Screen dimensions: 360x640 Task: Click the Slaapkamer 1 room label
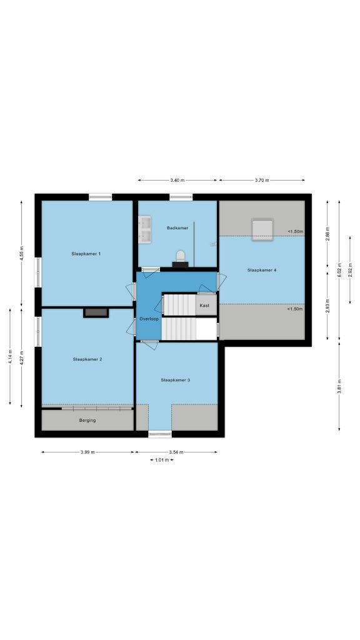tap(86, 254)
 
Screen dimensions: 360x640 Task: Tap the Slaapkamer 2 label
tap(87, 359)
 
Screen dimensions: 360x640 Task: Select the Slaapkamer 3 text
tap(176, 380)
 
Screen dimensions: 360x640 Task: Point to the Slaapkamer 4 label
tap(262, 270)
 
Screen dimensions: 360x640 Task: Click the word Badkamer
tap(177, 227)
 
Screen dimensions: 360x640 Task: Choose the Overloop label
tap(149, 318)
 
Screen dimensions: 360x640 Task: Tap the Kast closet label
tap(204, 305)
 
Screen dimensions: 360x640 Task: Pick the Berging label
tap(87, 420)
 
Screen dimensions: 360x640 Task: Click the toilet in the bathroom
tap(180, 259)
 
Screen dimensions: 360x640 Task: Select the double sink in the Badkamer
tap(144, 229)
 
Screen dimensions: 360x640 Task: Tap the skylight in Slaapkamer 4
tap(262, 230)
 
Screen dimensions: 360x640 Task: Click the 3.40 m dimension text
tap(177, 180)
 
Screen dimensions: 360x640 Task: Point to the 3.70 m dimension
tap(262, 180)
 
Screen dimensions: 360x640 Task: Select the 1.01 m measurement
tap(162, 460)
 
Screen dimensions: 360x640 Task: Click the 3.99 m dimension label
tap(87, 452)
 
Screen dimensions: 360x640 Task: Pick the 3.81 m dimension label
tap(339, 386)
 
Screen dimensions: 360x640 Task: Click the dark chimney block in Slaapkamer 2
tap(96, 312)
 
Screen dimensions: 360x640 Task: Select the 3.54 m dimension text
tap(176, 452)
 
